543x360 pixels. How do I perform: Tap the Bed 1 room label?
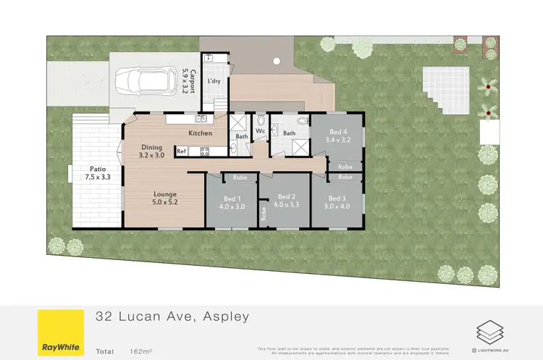click(232, 201)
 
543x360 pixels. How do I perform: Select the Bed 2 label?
click(286, 200)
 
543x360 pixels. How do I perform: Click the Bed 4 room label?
click(337, 135)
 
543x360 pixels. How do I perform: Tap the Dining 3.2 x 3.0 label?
click(152, 150)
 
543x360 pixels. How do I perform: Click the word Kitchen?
click(201, 133)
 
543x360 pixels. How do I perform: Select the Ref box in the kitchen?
click(182, 151)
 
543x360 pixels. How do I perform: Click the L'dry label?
click(214, 81)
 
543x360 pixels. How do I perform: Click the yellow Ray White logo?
click(59, 332)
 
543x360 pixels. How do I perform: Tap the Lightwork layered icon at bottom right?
click(486, 331)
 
